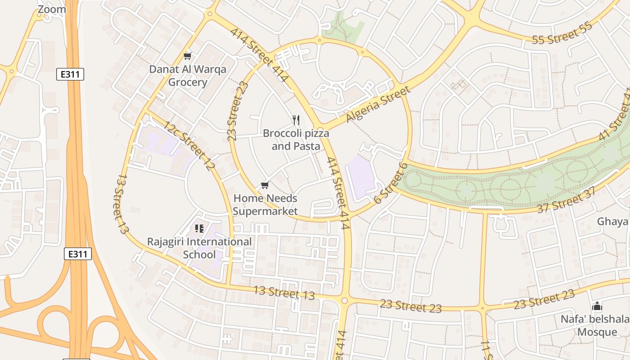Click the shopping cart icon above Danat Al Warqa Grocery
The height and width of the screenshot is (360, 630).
pos(188,56)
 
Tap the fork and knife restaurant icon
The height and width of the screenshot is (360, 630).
pos(296,120)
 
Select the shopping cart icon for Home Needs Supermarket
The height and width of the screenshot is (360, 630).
pos(265,185)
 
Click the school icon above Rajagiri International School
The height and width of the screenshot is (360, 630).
pos(199,229)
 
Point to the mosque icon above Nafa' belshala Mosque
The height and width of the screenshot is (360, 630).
pos(597,306)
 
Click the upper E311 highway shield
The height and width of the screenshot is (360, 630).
pos(70,74)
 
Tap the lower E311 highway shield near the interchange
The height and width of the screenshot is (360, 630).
pos(77,254)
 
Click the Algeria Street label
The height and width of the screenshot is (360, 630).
pos(378,104)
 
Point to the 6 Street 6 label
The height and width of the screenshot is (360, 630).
pos(390,184)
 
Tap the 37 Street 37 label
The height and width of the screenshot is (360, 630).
pos(567,200)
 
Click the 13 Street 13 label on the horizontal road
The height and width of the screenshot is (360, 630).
pos(284,292)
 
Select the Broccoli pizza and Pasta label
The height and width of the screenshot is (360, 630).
pos(296,140)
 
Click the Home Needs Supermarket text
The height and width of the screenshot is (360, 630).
pos(265,205)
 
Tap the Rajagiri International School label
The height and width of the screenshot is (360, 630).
pos(199,248)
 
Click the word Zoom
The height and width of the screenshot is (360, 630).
pos(51,9)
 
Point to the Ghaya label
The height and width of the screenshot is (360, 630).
pos(612,221)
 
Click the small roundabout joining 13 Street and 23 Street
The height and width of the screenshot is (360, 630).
pos(345,301)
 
